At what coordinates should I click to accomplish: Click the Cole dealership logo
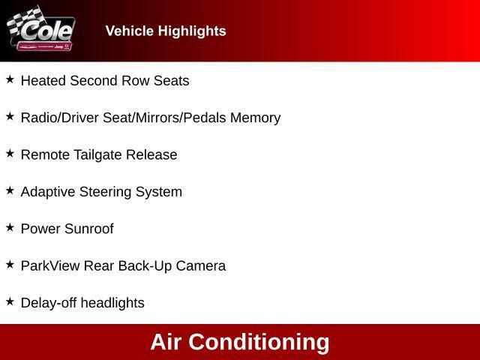click(x=41, y=31)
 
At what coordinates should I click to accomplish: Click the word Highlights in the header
click(x=190, y=31)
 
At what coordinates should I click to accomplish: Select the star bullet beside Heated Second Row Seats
click(x=10, y=79)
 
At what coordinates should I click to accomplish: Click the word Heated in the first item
click(x=43, y=81)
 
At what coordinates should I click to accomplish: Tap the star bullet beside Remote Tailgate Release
click(x=10, y=153)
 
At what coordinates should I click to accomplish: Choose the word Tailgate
click(x=96, y=155)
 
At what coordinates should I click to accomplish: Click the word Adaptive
click(x=47, y=192)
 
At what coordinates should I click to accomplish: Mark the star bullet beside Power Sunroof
click(x=10, y=227)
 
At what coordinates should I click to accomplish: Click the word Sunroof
click(x=88, y=229)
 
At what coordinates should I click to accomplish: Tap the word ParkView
click(x=50, y=265)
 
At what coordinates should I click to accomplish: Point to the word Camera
click(x=200, y=265)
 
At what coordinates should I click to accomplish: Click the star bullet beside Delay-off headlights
click(x=10, y=301)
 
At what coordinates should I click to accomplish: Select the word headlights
click(x=112, y=303)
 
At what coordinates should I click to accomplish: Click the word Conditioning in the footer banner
click(x=259, y=342)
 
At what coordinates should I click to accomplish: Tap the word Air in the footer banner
click(x=166, y=342)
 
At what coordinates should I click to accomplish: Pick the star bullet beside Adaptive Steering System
click(x=10, y=190)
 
